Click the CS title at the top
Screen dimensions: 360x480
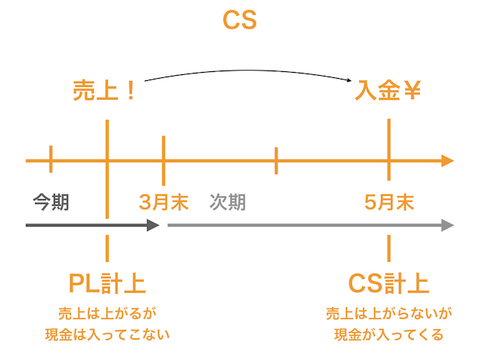coord(240,20)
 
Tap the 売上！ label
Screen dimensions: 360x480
coord(105,91)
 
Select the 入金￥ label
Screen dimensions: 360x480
coord(388,91)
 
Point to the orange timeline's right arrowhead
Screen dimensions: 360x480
coord(448,160)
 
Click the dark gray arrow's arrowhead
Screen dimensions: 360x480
coord(154,225)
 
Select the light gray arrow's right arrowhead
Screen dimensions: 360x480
coord(448,225)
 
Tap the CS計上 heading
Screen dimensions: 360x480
coord(389,283)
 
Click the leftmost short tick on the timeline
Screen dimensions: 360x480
coord(51,160)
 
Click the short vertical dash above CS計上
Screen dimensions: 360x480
coord(389,247)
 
